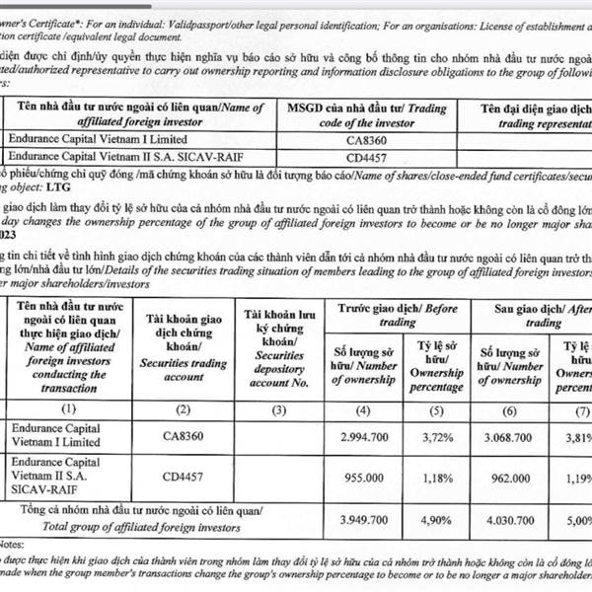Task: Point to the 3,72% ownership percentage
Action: coord(442,435)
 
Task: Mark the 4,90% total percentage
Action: coord(442,518)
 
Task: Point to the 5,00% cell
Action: coord(576,518)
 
